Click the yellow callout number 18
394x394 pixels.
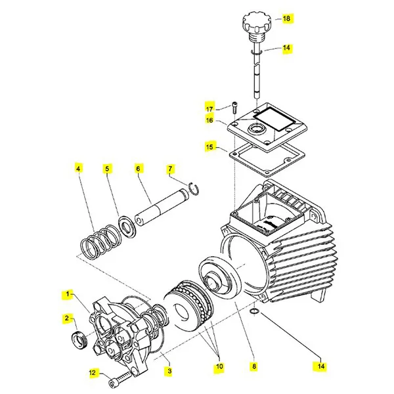pos(286,18)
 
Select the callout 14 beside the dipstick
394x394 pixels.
pos(286,48)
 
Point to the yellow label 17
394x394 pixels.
pos(210,108)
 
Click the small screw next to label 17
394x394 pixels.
pos(234,106)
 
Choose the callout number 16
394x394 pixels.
pos(210,120)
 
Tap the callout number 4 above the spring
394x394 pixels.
pos(79,169)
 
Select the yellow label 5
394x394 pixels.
pos(108,169)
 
